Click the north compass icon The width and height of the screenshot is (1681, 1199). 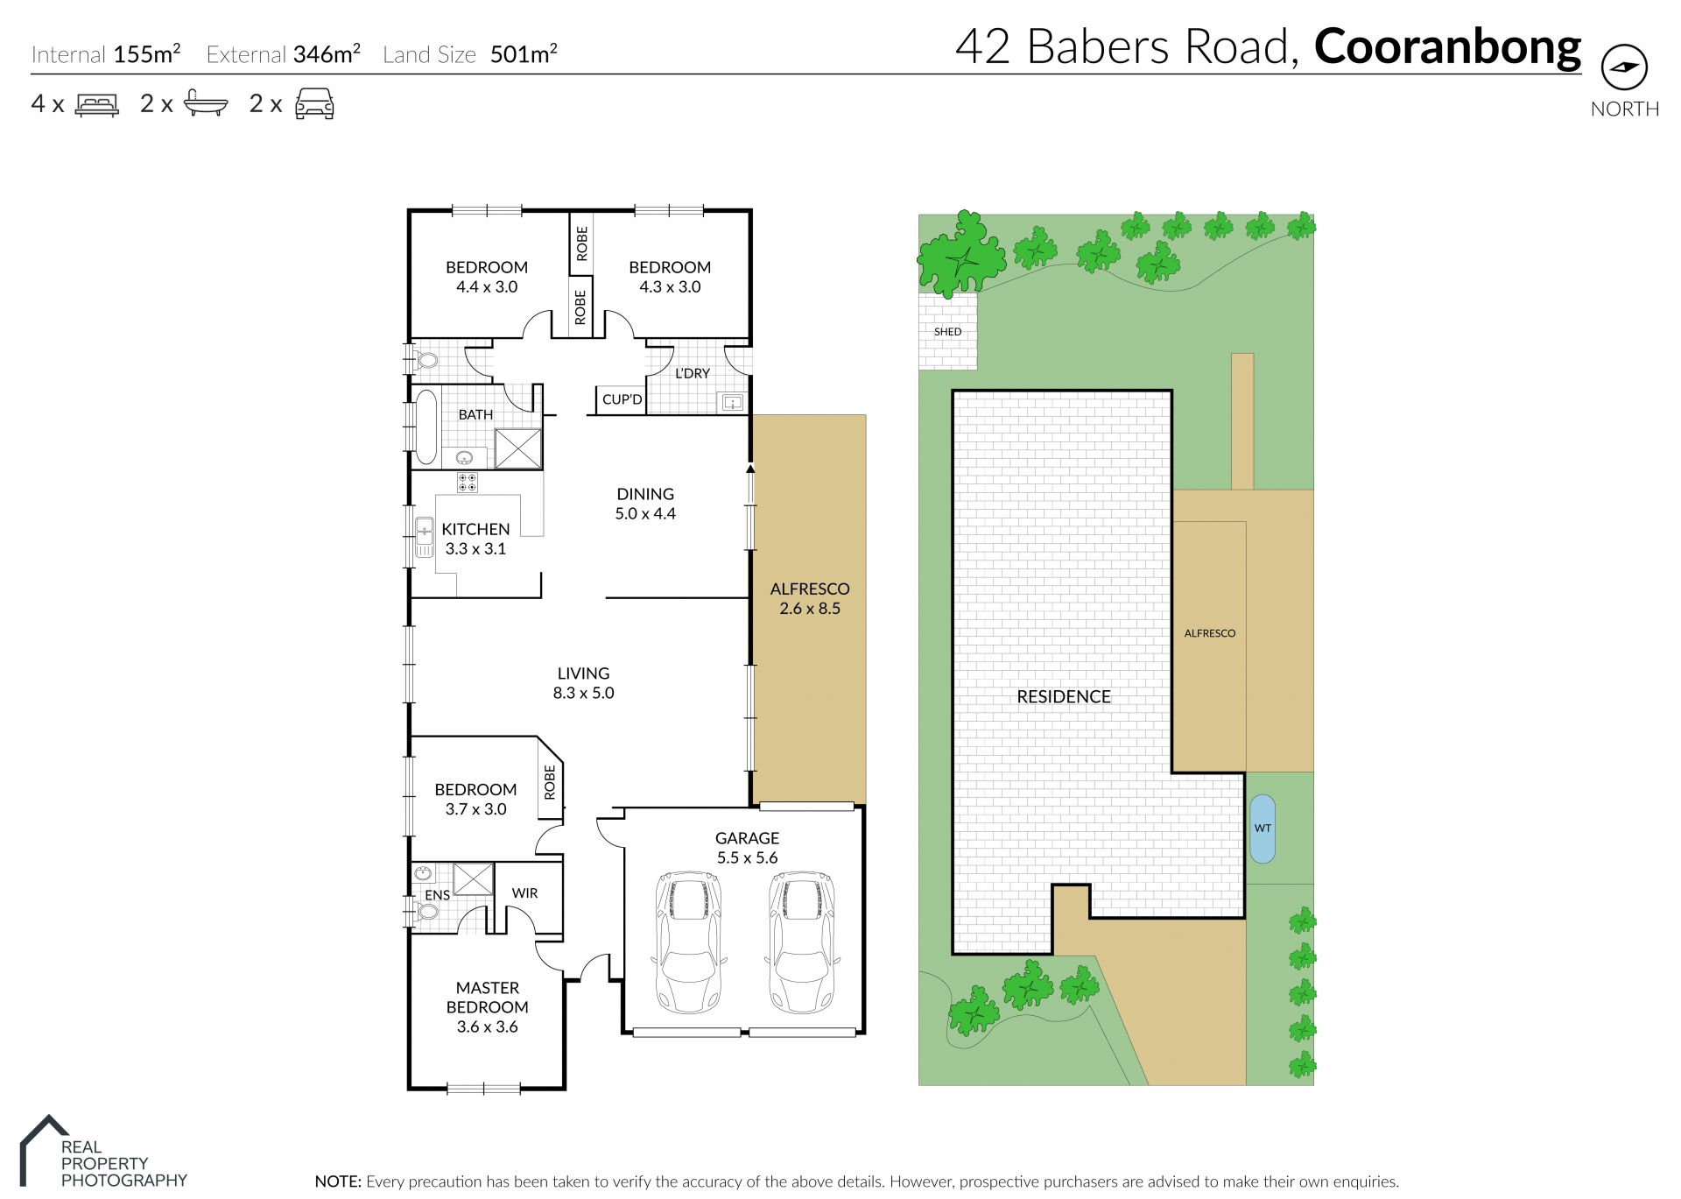1624,67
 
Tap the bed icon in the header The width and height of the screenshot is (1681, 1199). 97,105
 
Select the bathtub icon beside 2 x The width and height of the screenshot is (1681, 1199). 206,104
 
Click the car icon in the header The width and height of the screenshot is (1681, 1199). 314,103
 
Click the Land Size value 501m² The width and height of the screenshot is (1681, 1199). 524,54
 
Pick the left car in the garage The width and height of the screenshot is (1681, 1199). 689,942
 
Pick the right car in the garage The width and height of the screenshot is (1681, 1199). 802,942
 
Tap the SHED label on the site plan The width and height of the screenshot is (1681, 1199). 947,332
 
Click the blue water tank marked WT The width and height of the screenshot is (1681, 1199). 1263,829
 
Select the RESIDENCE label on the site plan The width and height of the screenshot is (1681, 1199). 1064,697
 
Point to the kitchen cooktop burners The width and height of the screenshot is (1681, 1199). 467,483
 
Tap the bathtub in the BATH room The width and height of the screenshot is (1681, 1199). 426,427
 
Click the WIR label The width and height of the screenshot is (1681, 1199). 524,893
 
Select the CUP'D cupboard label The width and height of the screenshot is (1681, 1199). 622,399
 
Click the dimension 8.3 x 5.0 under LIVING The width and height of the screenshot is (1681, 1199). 583,693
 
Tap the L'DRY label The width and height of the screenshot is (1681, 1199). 693,373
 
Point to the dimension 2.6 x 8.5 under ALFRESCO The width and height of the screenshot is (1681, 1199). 810,609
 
